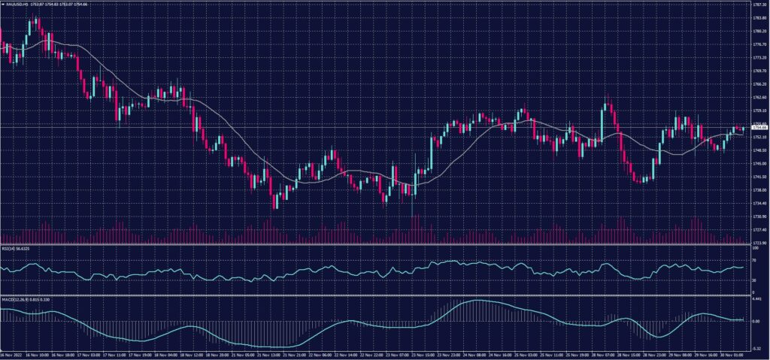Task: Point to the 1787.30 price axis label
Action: pos(759,5)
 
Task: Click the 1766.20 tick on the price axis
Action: pos(759,83)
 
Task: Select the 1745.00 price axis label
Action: pos(759,163)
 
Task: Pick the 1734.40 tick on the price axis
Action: pos(759,203)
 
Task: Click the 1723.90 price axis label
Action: pos(759,243)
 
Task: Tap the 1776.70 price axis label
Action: pos(759,44)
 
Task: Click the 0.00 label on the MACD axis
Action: pos(756,321)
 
